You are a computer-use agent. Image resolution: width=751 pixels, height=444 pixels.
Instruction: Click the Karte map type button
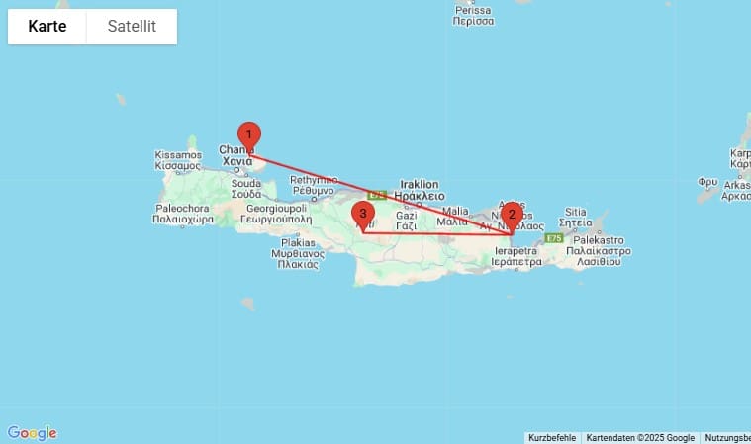pos(47,27)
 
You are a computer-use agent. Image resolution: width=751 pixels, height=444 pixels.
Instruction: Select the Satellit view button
pos(132,27)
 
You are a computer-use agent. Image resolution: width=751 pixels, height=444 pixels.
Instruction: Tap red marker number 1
pos(249,134)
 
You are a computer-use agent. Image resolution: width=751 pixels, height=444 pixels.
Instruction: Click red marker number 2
pos(511,214)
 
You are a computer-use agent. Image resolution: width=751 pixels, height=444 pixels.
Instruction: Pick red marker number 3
pos(364,214)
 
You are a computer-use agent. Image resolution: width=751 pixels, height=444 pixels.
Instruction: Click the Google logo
pos(32,433)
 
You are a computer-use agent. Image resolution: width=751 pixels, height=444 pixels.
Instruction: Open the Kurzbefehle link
pos(552,438)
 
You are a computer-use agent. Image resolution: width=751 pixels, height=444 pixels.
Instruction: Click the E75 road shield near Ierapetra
pos(553,239)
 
